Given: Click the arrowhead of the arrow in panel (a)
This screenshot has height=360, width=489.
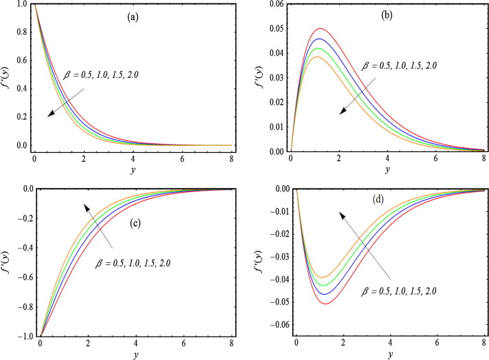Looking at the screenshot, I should [49, 116].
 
